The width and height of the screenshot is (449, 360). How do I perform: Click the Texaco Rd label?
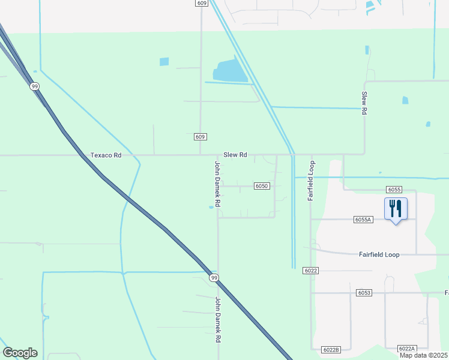tap(106, 155)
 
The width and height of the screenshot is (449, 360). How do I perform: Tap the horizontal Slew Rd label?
tap(235, 155)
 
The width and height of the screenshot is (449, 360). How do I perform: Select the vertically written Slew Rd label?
tap(364, 103)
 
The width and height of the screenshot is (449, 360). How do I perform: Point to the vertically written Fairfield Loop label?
tap(312, 181)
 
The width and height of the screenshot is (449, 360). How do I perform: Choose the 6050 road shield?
tap(261, 186)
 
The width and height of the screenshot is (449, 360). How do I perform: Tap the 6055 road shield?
tap(394, 190)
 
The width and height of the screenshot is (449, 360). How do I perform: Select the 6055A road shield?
tap(364, 220)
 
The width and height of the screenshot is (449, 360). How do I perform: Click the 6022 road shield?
tap(310, 271)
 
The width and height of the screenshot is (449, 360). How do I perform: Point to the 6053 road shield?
tap(364, 293)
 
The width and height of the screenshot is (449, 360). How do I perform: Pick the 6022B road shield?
tap(331, 349)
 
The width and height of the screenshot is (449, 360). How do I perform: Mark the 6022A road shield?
tap(406, 349)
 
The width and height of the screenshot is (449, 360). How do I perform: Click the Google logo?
tap(20, 353)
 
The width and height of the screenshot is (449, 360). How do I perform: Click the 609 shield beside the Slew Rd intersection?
tap(200, 137)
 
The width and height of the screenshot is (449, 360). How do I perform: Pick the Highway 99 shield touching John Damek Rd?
tap(213, 278)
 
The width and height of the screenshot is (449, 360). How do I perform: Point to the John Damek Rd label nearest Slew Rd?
tap(218, 184)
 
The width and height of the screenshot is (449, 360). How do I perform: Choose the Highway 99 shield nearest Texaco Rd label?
tap(35, 86)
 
